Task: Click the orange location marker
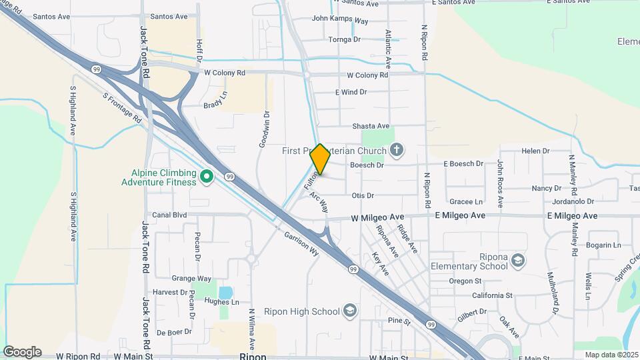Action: pyautogui.click(x=321, y=159)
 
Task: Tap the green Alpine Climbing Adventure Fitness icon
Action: pyautogui.click(x=207, y=177)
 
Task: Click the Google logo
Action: pyautogui.click(x=22, y=351)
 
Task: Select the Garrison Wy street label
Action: pyautogui.click(x=301, y=243)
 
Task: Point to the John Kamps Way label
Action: pyautogui.click(x=340, y=21)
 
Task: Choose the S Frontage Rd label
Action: pyautogui.click(x=123, y=108)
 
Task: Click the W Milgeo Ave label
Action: pyautogui.click(x=378, y=218)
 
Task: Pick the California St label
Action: pyautogui.click(x=492, y=295)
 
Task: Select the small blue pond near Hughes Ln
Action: pyautogui.click(x=225, y=292)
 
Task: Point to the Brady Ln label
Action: pyautogui.click(x=215, y=105)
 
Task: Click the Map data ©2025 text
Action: pyautogui.click(x=611, y=355)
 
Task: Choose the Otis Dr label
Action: pyautogui.click(x=363, y=195)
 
